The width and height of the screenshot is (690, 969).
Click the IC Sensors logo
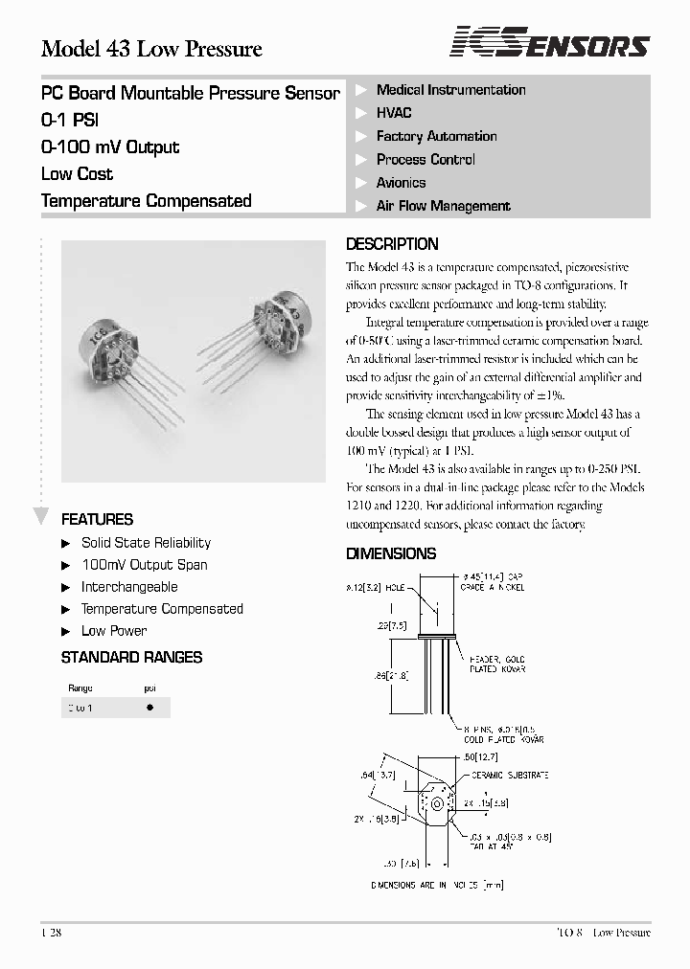pos(550,44)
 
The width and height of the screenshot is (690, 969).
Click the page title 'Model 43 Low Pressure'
pos(151,49)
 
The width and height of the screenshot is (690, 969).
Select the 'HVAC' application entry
pos(394,113)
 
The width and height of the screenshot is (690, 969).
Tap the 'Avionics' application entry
pos(401,183)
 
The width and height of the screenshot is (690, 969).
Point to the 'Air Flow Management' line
pos(443,206)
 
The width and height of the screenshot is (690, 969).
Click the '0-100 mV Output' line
pos(110,147)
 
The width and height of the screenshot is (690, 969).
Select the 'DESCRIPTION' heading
pos(391,244)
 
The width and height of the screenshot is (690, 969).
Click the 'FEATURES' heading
pos(97,520)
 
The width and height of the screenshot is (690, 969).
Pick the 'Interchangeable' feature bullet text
pos(129,587)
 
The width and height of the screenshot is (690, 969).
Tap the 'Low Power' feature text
pos(114,631)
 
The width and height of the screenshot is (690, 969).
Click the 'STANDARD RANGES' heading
pos(131,658)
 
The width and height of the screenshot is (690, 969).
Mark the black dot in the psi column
pos(149,708)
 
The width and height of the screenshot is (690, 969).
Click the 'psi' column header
pos(149,688)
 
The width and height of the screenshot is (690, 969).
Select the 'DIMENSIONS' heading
pos(390,553)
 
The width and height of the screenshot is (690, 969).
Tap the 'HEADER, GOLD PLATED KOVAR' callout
pos(497,665)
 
